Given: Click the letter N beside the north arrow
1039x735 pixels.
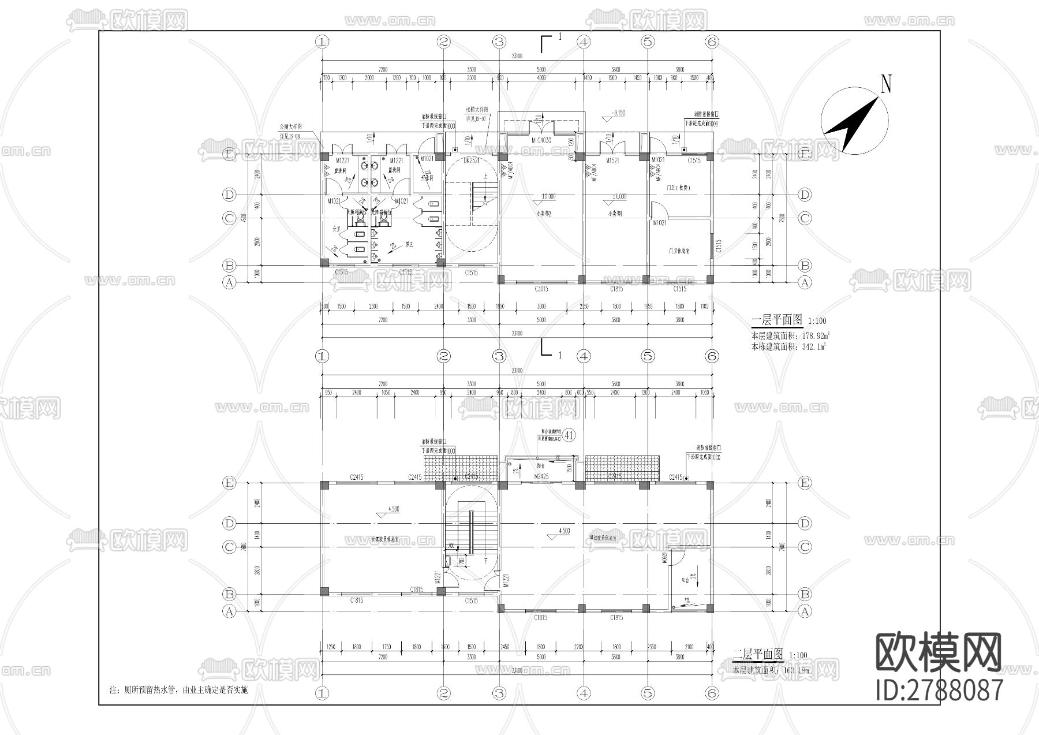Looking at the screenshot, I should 886,84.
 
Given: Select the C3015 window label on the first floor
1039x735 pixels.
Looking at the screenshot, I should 541,288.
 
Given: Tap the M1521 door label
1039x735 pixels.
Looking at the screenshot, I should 613,160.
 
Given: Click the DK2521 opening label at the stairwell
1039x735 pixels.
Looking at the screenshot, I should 471,160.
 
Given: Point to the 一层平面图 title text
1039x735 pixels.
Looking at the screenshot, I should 777,320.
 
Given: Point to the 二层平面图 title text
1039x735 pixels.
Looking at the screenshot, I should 757,654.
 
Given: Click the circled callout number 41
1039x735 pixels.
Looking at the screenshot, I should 569,435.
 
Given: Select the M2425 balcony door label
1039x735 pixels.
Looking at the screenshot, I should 541,476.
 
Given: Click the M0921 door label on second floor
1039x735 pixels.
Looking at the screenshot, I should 665,560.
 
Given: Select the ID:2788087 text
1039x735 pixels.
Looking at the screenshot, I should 939,690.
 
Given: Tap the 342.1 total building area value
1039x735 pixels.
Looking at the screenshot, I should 814,346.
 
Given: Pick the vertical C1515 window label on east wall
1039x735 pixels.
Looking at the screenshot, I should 719,247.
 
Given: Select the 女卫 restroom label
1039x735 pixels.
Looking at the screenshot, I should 336,230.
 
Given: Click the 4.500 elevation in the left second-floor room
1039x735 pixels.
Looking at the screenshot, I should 393,509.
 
